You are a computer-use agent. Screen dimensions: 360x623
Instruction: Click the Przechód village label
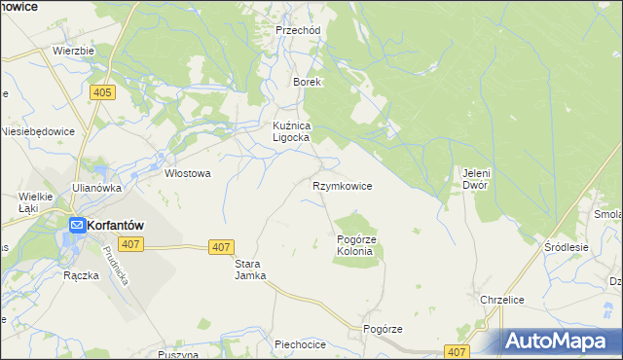pos(297,30)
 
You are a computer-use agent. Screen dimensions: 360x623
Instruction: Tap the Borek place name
pos(308,83)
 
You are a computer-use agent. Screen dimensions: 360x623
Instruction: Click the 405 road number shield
pos(102,92)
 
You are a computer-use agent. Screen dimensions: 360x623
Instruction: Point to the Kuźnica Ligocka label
pos(290,131)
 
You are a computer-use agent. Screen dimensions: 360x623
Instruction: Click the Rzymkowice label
pos(342,185)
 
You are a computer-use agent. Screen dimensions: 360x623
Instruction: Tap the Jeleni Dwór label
pos(474,179)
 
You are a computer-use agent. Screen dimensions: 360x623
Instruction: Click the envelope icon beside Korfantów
pos(76,225)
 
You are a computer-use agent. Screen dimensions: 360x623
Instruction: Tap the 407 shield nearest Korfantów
pos(132,243)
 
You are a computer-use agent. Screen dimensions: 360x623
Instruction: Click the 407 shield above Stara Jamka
pos(221,248)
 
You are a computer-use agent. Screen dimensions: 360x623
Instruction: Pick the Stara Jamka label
pos(250,270)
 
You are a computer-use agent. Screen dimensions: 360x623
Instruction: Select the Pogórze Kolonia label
pos(354,245)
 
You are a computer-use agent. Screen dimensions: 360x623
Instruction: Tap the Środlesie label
pos(567,247)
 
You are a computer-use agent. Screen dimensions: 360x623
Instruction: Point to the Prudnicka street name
pos(114,264)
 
